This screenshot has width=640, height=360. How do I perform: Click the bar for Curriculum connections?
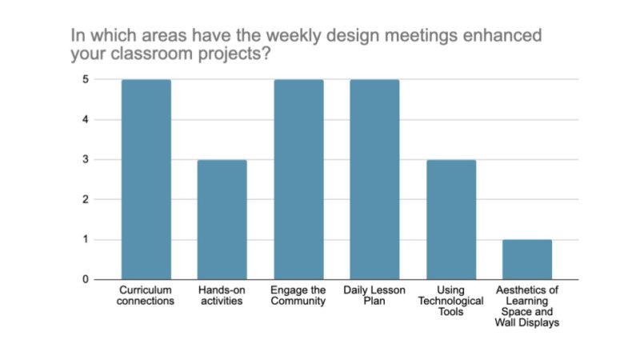[146, 179]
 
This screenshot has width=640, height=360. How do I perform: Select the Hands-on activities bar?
[222, 219]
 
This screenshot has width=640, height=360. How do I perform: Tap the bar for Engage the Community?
[298, 179]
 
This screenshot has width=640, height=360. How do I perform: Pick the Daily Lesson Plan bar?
[374, 179]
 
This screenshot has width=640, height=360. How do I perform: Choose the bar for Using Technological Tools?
[450, 219]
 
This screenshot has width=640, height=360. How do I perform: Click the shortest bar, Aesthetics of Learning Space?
[527, 259]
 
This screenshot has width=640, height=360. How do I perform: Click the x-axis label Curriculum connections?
[146, 295]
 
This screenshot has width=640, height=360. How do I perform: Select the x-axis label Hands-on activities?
[222, 295]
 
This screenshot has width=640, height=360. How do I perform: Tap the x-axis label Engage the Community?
[298, 295]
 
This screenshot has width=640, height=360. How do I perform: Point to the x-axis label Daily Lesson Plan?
[374, 295]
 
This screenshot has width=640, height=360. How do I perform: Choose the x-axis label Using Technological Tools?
[450, 301]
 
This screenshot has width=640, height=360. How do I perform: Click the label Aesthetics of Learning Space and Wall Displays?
[527, 306]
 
